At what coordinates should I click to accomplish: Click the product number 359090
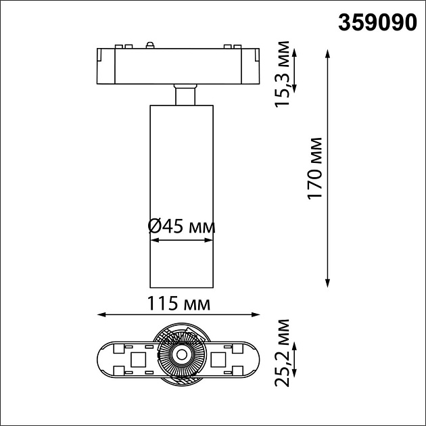377,22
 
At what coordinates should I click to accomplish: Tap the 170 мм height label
314,168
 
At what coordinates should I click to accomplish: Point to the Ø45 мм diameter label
181,227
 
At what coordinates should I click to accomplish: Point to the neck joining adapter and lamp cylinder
182,95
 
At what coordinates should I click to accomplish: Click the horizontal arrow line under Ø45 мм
181,239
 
